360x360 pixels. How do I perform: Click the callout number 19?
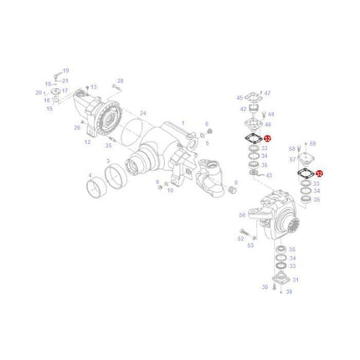pos(66,71)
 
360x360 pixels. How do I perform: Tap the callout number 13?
pos(94,87)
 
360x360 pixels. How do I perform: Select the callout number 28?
pos(120,81)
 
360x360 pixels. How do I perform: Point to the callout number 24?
pos(143,112)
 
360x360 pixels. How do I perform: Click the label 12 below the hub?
pos(87,142)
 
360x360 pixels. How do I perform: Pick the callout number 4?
pos(90,176)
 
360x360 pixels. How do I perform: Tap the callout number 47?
pos(268,94)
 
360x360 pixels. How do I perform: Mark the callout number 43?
pos(268,176)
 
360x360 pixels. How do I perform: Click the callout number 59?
pos(313,144)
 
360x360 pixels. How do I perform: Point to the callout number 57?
pos(293,159)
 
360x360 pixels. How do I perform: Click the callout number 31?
pos(296,280)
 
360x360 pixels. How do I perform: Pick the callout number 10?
pos(170,190)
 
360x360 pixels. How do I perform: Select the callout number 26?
pos(76,127)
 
